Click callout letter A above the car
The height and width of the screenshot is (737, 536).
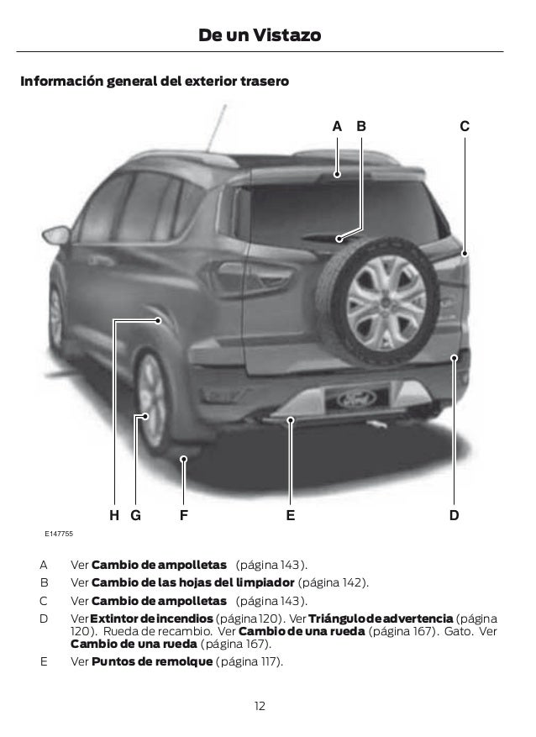pos(337,127)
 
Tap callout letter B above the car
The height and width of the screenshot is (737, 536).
pos(361,127)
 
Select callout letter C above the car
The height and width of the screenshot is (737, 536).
pos(465,127)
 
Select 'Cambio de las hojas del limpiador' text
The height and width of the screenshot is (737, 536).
pos(192,582)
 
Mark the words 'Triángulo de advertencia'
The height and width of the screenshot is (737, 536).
pos(381,618)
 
